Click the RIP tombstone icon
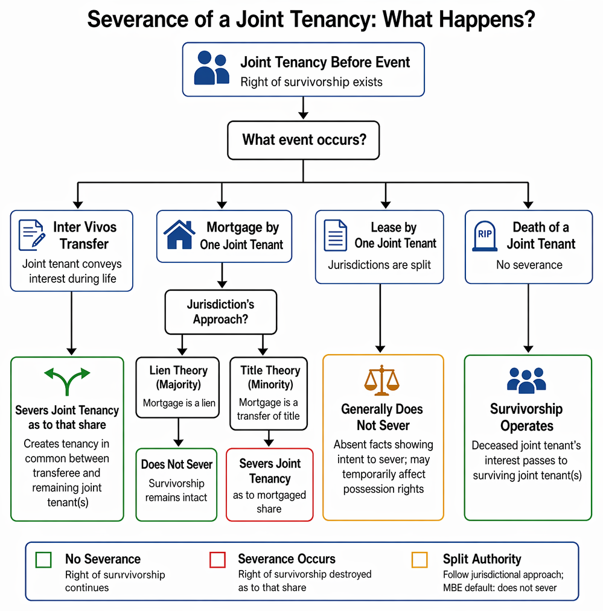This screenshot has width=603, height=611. (x=485, y=236)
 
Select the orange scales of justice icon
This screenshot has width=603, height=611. (x=382, y=380)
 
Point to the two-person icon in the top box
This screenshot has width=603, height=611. (x=211, y=68)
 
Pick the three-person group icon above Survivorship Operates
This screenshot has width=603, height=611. (x=526, y=380)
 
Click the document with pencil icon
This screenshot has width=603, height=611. (x=32, y=235)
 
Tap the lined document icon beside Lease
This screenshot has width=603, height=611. (x=336, y=235)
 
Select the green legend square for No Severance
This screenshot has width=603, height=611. (x=43, y=560)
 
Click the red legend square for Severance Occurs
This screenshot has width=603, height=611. (x=217, y=560)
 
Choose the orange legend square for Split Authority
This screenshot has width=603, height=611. (x=420, y=560)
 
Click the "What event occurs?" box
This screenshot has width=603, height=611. (x=304, y=141)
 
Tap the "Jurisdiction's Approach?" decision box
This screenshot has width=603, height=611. (x=221, y=312)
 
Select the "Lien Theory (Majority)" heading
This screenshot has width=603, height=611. (x=178, y=377)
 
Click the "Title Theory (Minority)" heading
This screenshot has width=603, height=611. (x=270, y=377)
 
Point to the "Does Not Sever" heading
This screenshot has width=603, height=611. (x=177, y=464)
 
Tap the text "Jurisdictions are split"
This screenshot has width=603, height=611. (x=379, y=265)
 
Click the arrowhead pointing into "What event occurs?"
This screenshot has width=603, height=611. (x=304, y=115)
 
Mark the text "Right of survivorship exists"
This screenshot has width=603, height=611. (x=311, y=82)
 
